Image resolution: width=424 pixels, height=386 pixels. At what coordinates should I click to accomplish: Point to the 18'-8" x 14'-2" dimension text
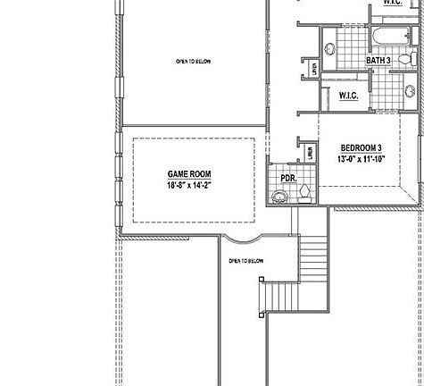coord(188,186)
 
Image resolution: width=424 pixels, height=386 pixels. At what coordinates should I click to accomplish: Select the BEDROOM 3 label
coord(361,147)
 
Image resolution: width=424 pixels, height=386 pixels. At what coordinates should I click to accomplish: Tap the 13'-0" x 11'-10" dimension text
coord(361,159)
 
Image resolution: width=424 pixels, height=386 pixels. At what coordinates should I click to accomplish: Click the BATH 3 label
coord(378,61)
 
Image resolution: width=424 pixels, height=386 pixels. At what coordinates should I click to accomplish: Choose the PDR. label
coord(288,178)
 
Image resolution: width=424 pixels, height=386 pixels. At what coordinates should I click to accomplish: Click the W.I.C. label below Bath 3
coord(348,95)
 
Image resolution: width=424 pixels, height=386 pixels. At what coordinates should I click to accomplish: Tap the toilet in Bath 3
coord(405,59)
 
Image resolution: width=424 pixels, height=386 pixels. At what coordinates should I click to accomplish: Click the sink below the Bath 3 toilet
coord(410,90)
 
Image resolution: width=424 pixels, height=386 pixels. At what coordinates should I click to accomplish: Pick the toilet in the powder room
coord(304,190)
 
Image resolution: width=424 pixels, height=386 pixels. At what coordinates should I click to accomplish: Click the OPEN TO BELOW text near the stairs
coord(246,261)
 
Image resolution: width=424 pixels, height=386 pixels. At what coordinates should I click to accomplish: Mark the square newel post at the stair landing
coord(261,281)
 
